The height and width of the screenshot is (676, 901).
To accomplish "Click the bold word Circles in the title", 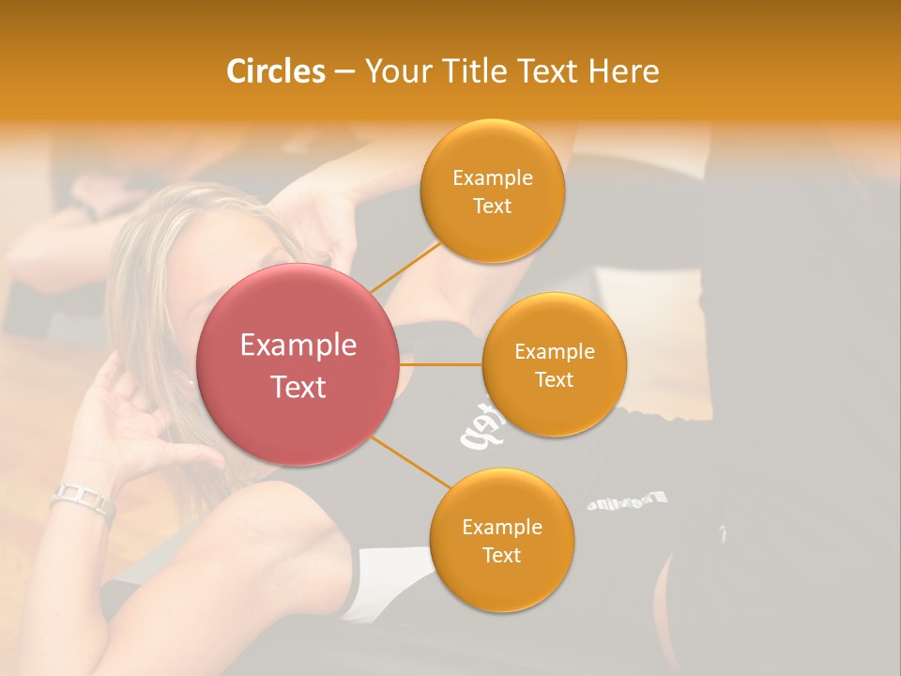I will click(275, 71).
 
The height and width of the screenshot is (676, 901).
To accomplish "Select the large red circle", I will click(298, 364).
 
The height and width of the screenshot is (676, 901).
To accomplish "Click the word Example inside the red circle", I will click(298, 346).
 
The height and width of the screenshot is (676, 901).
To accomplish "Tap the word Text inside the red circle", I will click(298, 387).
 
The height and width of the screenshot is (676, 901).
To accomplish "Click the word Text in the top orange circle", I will click(492, 207).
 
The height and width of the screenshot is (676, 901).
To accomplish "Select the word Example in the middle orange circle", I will click(554, 352).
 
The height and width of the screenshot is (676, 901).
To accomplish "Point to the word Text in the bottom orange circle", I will click(501, 556).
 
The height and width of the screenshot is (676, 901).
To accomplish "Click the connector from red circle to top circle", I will click(405, 267).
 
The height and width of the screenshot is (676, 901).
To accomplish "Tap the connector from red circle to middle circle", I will click(441, 364).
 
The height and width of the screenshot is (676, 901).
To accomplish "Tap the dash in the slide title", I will click(344, 72).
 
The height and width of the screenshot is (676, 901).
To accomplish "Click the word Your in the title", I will click(394, 71).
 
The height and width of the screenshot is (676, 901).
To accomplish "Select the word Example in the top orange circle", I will click(492, 178).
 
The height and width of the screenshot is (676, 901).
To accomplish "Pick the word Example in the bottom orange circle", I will click(501, 528).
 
